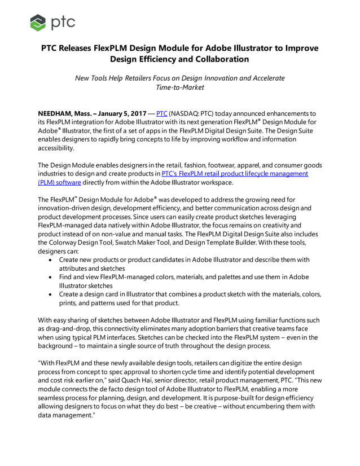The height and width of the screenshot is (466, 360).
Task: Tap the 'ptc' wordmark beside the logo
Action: coord(63,23)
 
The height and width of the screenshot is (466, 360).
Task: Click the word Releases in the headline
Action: coord(85,48)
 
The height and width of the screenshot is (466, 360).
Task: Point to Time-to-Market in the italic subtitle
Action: coord(180,87)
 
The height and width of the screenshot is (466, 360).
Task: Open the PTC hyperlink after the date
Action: coord(162,113)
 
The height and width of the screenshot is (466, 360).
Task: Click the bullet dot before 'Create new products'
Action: coord(52,260)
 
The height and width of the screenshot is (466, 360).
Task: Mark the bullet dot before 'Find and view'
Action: coord(52,278)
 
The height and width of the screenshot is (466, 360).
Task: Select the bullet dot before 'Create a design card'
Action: coord(52,295)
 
